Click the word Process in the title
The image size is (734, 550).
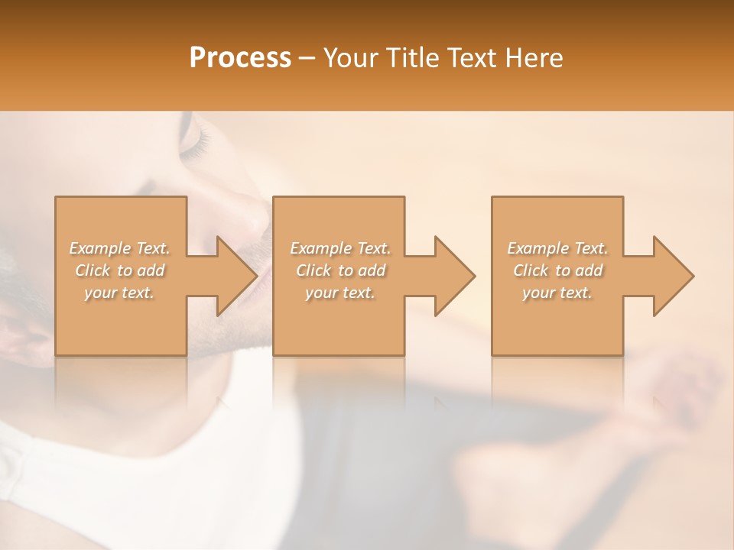pyautogui.click(x=240, y=58)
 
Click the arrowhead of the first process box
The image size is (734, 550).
pyautogui.click(x=236, y=276)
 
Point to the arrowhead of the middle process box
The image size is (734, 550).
pyautogui.click(x=454, y=276)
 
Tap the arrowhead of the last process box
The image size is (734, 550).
pyautogui.click(x=673, y=276)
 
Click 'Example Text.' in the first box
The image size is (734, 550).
pyautogui.click(x=119, y=248)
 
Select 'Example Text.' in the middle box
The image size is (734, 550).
pyautogui.click(x=340, y=248)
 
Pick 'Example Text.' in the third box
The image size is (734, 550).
pyautogui.click(x=557, y=248)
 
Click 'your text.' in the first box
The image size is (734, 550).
pyautogui.click(x=119, y=293)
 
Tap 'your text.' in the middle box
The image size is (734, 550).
pyautogui.click(x=340, y=293)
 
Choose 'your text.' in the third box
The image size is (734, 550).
pyautogui.click(x=557, y=293)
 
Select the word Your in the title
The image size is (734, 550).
pyautogui.click(x=349, y=58)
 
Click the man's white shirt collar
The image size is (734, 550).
pyautogui.click(x=23, y=458)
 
